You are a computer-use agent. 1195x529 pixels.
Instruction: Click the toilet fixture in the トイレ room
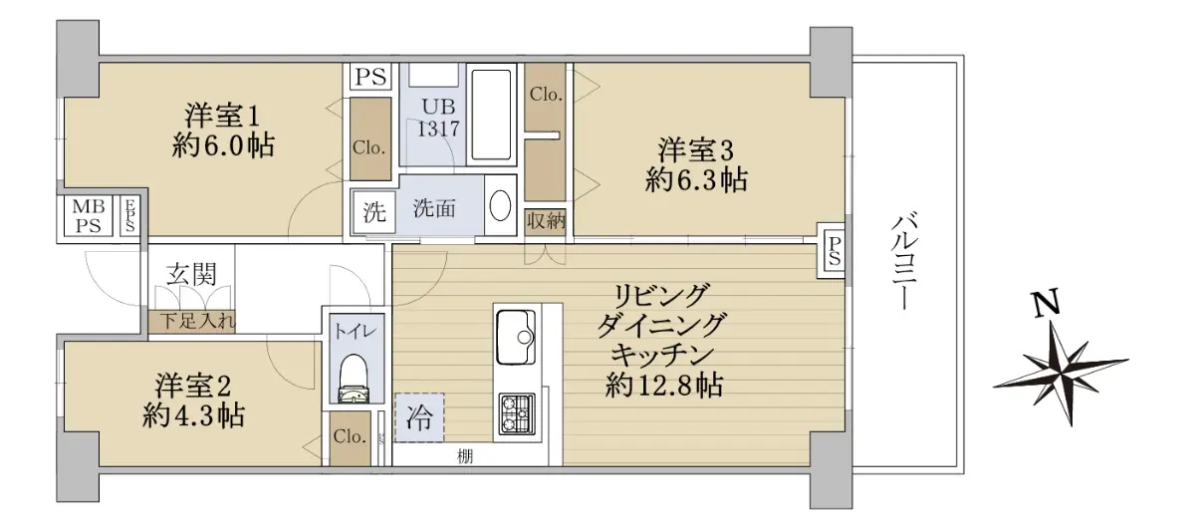point(354,378)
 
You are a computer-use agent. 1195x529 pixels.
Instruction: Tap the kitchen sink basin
point(516,337)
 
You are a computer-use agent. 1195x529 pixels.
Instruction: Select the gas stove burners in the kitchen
point(517,413)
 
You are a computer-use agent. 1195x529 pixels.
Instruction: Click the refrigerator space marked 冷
point(419,417)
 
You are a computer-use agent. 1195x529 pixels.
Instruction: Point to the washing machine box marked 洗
point(374,212)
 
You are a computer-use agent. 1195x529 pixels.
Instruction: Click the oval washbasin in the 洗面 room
point(500,205)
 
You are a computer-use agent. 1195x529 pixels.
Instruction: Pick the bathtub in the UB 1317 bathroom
point(491,115)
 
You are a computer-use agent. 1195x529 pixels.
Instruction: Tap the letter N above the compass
point(1047,305)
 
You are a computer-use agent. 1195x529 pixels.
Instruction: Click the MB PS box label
point(88,215)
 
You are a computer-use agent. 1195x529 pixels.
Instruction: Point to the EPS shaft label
point(129,215)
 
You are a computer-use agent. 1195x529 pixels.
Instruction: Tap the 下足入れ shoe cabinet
point(192,322)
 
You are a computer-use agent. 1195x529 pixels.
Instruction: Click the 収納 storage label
point(546,220)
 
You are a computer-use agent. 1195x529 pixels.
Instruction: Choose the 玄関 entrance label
point(191,274)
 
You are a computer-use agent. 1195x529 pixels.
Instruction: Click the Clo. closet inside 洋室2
point(350,437)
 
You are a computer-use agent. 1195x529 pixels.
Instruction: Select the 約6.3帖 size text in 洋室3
point(696,180)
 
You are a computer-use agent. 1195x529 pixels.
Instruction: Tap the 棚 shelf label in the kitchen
point(465,456)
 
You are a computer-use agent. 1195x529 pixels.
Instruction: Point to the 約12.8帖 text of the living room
point(664,386)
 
